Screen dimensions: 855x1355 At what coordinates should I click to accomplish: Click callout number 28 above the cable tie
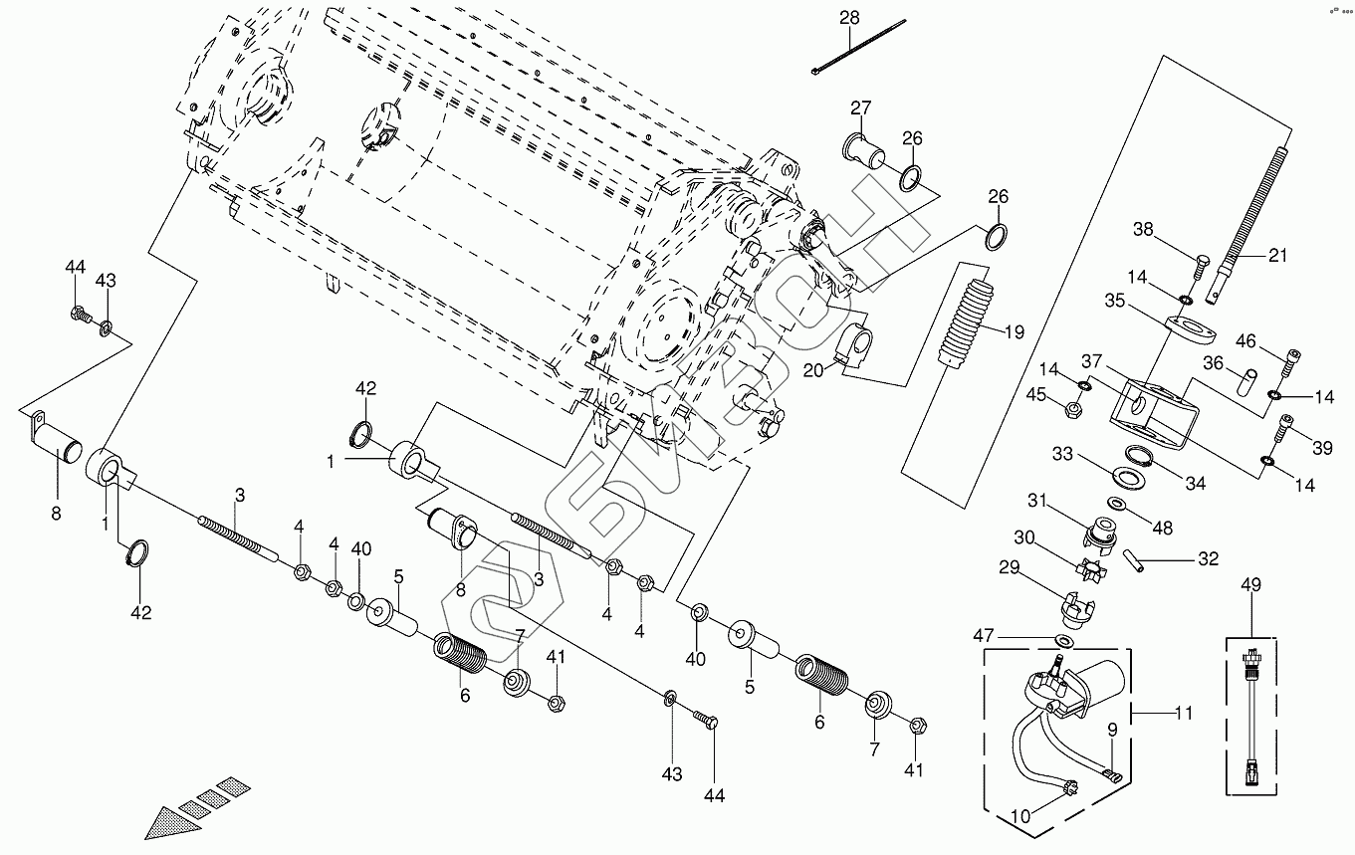[848, 18]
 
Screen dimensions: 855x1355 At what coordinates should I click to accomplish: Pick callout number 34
[1195, 484]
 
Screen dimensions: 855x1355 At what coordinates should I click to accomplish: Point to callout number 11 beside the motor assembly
[1184, 713]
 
